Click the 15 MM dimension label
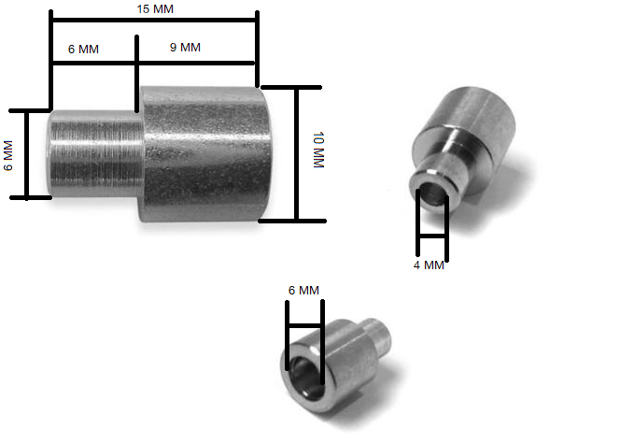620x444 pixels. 154,8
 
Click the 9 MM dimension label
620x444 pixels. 185,48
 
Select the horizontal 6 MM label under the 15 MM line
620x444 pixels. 84,48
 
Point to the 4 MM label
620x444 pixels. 429,265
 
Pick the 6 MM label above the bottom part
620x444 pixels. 303,291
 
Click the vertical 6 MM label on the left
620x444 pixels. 8,155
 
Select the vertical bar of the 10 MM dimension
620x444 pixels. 298,154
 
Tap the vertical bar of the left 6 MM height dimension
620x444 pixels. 26,154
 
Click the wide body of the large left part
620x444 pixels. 200,154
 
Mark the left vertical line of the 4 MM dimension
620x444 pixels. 416,224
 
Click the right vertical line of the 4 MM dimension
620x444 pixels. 447,224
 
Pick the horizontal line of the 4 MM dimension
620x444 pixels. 431,238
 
